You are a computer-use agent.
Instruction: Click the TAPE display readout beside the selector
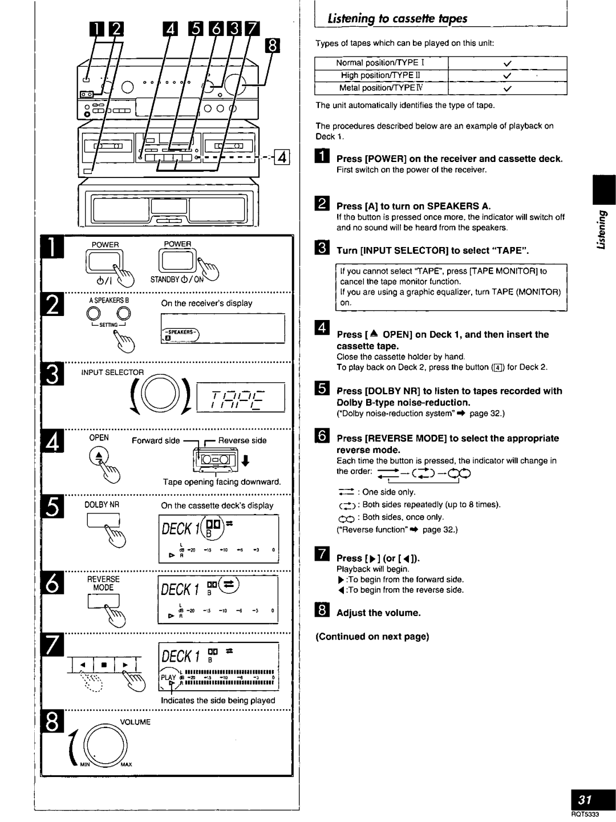coord(240,397)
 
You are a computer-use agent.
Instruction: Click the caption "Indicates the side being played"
coord(217,700)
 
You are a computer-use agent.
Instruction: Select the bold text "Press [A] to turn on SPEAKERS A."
coord(414,206)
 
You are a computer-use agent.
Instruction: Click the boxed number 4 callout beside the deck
coord(283,155)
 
